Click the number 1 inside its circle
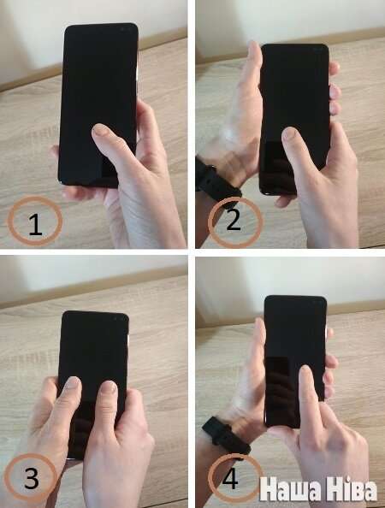(35, 224)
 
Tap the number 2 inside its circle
(234, 219)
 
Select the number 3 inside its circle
(32, 477)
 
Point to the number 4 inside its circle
(230, 477)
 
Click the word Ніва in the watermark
(352, 488)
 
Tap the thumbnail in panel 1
(100, 130)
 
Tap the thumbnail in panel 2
(290, 133)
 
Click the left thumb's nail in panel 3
(72, 383)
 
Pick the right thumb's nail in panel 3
(109, 387)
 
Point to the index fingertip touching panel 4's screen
(305, 373)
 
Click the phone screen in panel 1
(98, 103)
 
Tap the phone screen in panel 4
(295, 359)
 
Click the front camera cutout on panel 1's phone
(127, 29)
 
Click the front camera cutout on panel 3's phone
(118, 318)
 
